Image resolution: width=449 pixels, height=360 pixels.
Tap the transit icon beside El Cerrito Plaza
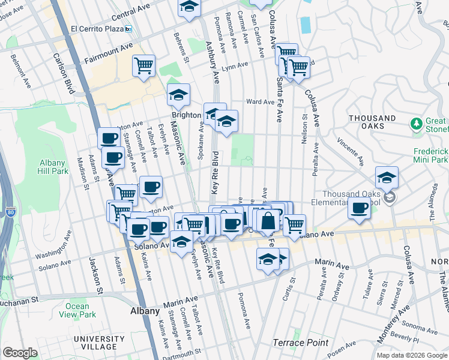tap(128, 28)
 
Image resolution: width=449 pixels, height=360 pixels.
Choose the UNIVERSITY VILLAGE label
tap(95, 343)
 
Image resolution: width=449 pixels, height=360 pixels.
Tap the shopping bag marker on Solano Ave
tap(268, 220)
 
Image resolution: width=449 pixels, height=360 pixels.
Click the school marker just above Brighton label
tap(178, 94)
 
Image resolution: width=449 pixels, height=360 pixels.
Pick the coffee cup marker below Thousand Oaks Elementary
tap(359, 208)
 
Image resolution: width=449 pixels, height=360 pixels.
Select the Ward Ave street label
tap(260, 102)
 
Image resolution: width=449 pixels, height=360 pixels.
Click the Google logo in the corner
tap(20, 353)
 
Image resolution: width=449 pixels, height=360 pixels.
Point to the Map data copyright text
tap(411, 355)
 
